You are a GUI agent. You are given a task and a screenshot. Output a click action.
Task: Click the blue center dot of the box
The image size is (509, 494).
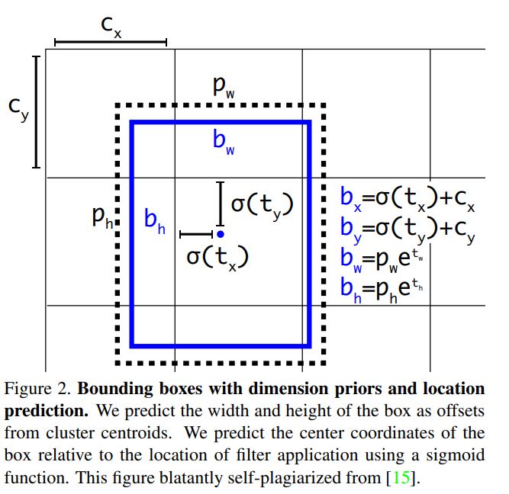point(221,234)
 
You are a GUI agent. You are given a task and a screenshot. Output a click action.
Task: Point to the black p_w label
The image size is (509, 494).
point(224,87)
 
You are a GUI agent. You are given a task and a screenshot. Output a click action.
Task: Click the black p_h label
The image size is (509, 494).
point(102,217)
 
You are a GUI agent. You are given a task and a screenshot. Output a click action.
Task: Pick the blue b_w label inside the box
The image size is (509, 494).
point(224,142)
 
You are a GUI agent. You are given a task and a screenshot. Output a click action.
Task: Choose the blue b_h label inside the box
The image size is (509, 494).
point(154,221)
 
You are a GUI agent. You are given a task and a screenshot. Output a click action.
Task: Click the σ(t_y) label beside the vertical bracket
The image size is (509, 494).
point(263,205)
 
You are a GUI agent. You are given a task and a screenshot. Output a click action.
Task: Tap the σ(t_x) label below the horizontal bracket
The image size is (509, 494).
point(217,258)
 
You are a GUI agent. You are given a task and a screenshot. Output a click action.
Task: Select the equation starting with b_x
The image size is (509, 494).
point(408,199)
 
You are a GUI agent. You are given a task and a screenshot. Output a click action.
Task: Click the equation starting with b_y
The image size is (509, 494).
point(408,229)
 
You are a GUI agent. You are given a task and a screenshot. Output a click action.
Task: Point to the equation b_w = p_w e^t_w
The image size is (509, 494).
point(382,261)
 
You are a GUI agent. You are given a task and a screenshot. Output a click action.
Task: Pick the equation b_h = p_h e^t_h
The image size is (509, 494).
point(382,290)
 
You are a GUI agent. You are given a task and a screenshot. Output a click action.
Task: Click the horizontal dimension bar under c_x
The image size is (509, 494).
point(111,42)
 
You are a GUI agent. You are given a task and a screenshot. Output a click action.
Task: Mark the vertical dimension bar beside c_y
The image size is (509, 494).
point(36,112)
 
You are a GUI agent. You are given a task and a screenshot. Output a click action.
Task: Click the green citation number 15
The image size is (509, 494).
point(401,477)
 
